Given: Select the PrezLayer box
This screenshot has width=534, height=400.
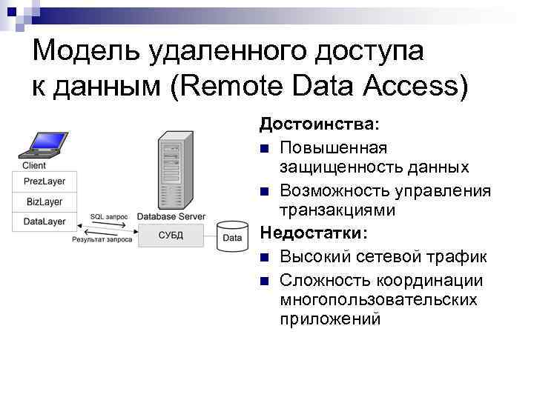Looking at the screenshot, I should pyautogui.click(x=44, y=181).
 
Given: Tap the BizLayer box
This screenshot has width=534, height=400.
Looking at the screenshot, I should pyautogui.click(x=44, y=201).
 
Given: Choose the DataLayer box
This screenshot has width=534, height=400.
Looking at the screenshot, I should pyautogui.click(x=44, y=221).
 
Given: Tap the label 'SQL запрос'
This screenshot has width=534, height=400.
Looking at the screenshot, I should pyautogui.click(x=108, y=216).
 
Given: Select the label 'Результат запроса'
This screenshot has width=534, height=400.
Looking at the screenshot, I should pyautogui.click(x=102, y=239).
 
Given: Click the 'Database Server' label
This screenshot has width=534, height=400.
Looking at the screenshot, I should pyautogui.click(x=171, y=216).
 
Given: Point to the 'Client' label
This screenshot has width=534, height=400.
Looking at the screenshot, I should pyautogui.click(x=34, y=166).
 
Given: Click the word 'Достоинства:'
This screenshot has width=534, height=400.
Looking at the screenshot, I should pyautogui.click(x=318, y=121).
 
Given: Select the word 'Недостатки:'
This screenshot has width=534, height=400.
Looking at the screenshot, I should pyautogui.click(x=312, y=233).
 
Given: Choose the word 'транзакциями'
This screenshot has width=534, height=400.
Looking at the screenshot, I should pyautogui.click(x=337, y=210).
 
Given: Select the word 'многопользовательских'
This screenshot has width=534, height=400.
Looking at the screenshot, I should pyautogui.click(x=378, y=300).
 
